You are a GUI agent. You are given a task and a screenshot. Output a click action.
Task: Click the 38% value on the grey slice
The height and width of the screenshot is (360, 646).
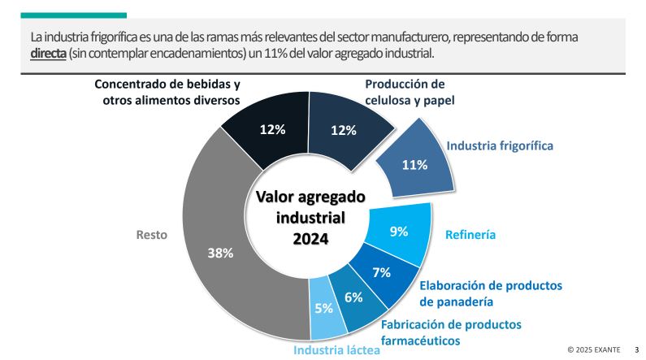click(x=220, y=253)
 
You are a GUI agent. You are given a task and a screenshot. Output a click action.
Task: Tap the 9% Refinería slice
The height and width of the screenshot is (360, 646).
click(x=399, y=232)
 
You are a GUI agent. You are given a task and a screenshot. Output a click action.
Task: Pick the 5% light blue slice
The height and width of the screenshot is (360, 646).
click(x=323, y=308)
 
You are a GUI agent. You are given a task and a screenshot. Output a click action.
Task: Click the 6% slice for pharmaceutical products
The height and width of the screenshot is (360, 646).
click(x=354, y=297)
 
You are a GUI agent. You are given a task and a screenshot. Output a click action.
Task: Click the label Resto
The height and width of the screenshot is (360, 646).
click(x=151, y=235)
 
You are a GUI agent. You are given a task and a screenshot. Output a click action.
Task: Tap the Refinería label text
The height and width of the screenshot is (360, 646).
click(x=470, y=236)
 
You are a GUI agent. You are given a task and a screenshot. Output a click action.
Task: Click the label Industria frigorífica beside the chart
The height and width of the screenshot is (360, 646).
click(x=500, y=146)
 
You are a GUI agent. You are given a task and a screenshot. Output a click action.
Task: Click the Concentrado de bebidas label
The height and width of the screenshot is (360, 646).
click(x=167, y=93)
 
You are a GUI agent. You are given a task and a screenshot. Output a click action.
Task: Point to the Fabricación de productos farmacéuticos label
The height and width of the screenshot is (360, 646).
click(x=451, y=332)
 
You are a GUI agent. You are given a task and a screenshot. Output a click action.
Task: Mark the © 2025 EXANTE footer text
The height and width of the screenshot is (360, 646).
click(x=593, y=349)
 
